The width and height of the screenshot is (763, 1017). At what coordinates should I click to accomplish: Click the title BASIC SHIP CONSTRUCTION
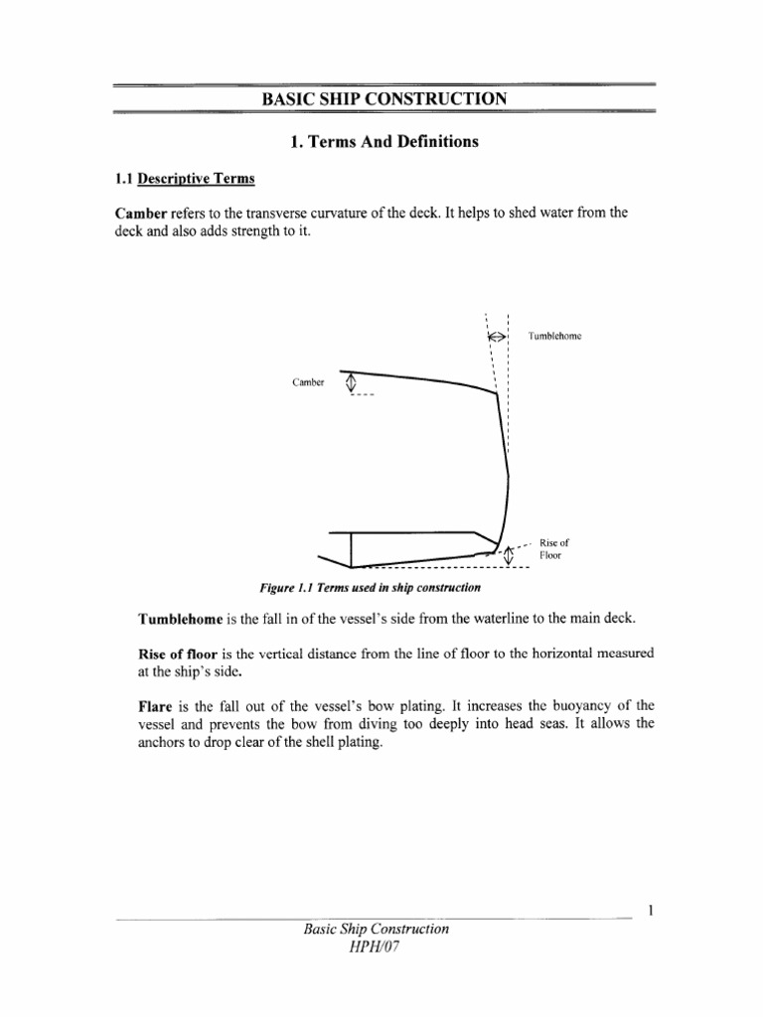pyautogui.click(x=383, y=98)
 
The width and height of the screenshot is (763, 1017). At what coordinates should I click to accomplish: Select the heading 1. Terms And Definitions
pyautogui.click(x=383, y=142)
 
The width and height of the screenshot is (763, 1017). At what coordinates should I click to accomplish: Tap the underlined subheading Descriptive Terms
pyautogui.click(x=197, y=179)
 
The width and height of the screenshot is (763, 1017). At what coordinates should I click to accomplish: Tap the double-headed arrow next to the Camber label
pyautogui.click(x=349, y=382)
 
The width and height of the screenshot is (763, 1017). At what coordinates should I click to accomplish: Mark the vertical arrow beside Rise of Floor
pyautogui.click(x=510, y=555)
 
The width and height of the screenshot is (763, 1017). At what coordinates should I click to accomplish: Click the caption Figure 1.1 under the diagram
pyautogui.click(x=371, y=589)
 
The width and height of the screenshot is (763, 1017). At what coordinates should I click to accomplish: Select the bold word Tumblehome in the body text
pyautogui.click(x=181, y=620)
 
